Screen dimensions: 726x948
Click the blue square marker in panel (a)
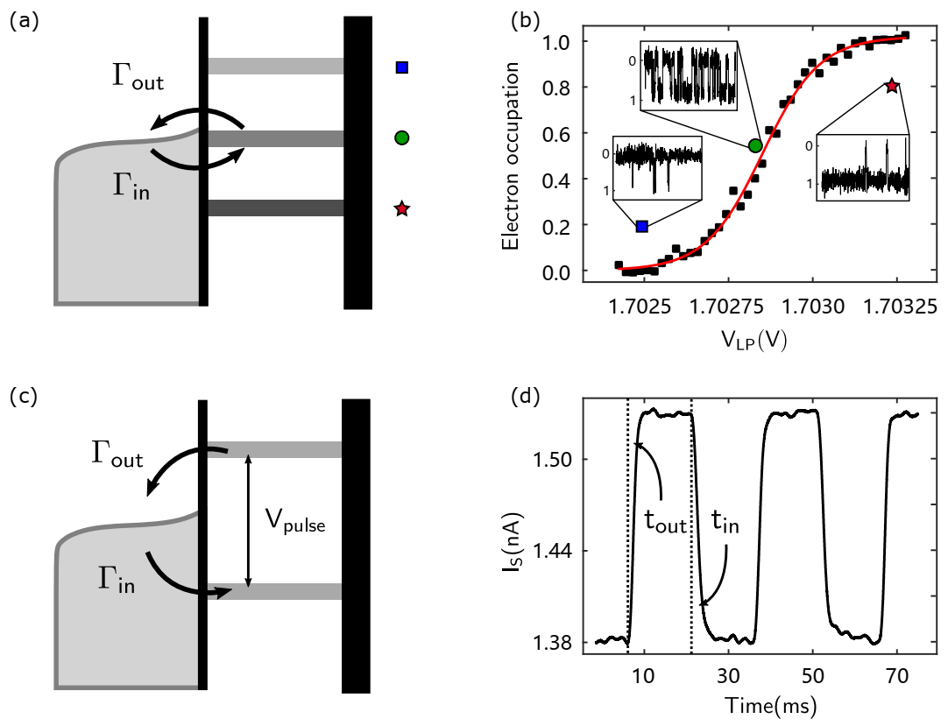[x=401, y=67]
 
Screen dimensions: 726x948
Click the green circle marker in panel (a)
[x=401, y=137]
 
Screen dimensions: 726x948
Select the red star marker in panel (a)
[x=401, y=208]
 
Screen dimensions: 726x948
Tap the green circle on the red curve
[x=755, y=145]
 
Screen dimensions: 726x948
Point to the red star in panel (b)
[x=892, y=86]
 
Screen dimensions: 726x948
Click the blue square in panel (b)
[x=641, y=226]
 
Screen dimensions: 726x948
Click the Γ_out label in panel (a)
[x=138, y=77]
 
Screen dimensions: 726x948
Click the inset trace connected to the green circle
[x=689, y=75]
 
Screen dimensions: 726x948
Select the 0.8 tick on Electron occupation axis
[x=554, y=88]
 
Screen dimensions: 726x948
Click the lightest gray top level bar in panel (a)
[x=275, y=66]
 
